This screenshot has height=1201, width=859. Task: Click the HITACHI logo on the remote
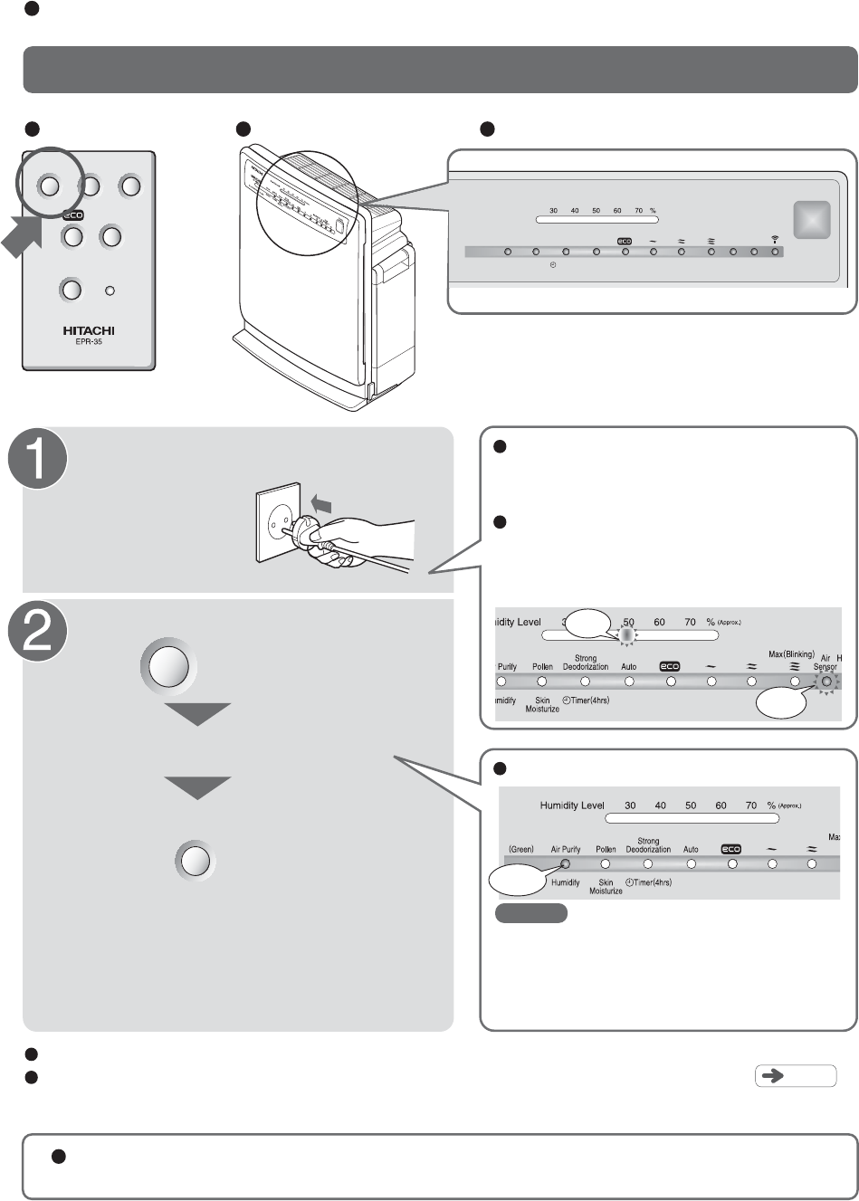(x=88, y=330)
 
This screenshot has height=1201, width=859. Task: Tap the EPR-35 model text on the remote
(x=88, y=344)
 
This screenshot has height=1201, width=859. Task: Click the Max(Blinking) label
(x=792, y=654)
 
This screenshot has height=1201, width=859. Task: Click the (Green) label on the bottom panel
(x=520, y=849)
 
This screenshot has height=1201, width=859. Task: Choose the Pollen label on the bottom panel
(x=606, y=849)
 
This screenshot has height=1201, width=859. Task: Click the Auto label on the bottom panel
(x=691, y=849)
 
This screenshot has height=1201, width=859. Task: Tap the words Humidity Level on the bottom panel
(x=571, y=805)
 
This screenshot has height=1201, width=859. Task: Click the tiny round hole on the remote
(x=110, y=291)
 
